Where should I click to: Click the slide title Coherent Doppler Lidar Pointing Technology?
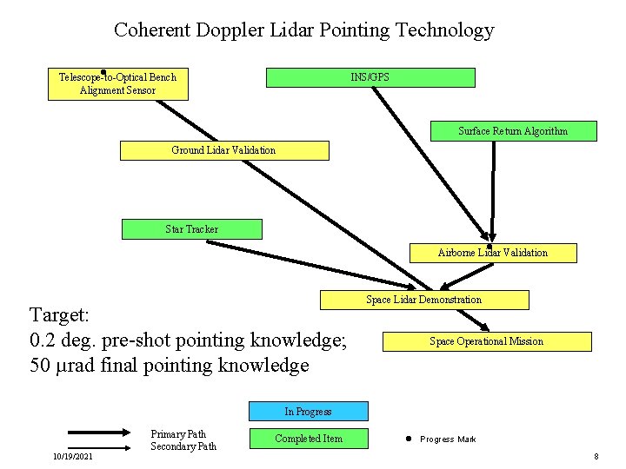(x=303, y=30)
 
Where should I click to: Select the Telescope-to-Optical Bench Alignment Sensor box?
(x=117, y=84)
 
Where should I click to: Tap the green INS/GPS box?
(x=370, y=77)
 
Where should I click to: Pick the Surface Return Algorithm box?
(x=513, y=131)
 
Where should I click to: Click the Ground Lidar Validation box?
(x=223, y=150)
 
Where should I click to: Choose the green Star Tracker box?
(x=191, y=229)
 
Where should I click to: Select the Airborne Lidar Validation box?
(x=492, y=253)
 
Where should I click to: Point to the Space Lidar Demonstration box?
(x=423, y=300)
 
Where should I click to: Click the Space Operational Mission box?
(x=486, y=341)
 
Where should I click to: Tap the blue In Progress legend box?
(x=308, y=411)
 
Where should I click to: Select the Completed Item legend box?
(x=308, y=439)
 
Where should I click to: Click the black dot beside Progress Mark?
(x=407, y=439)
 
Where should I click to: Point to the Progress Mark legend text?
(x=448, y=439)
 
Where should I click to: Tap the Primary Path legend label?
(x=178, y=434)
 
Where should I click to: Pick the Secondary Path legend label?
(x=183, y=446)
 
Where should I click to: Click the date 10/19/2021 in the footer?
(x=73, y=456)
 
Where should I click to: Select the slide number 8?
(x=596, y=457)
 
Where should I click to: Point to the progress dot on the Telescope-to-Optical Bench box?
(x=103, y=72)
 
